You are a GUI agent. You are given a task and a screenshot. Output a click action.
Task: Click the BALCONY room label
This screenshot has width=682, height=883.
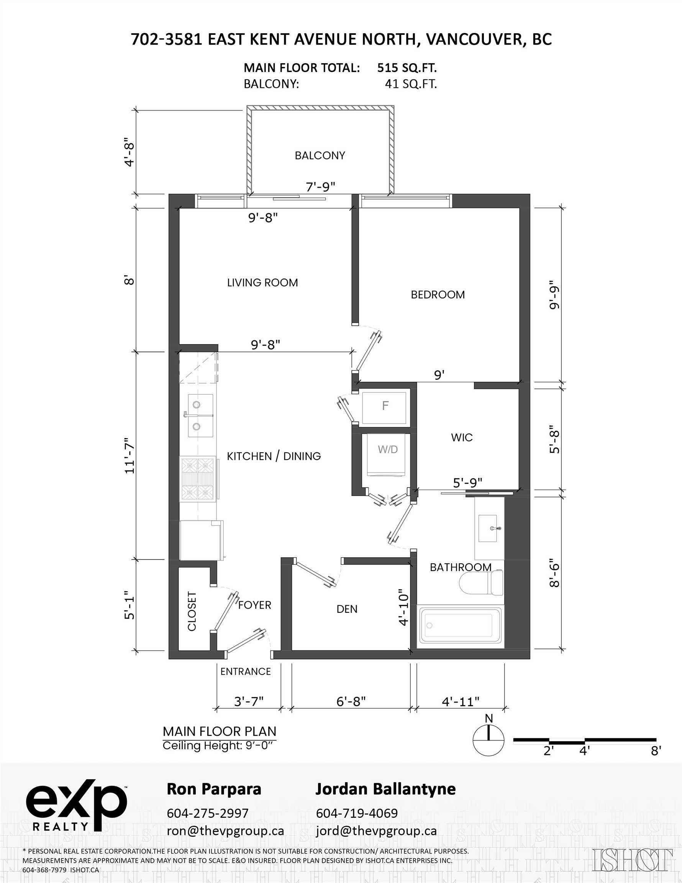[320, 156]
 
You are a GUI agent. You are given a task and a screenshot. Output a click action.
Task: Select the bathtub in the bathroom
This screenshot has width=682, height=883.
[461, 625]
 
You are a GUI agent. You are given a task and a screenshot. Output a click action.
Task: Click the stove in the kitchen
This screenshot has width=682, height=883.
[198, 479]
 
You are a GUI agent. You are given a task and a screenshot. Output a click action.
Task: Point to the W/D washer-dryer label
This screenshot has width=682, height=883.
[388, 449]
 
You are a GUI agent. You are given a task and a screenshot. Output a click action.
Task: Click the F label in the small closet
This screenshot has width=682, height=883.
[385, 405]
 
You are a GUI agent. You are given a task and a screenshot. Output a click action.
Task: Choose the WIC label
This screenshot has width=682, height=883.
[462, 437]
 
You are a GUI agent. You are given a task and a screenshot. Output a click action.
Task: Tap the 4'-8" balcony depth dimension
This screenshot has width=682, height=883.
[130, 154]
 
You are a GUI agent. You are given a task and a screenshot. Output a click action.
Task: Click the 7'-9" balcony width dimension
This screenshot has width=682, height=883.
[321, 187]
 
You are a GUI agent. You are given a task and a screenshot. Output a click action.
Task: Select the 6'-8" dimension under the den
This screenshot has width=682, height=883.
[351, 701]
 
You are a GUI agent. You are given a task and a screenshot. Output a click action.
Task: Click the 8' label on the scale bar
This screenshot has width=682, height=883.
[656, 751]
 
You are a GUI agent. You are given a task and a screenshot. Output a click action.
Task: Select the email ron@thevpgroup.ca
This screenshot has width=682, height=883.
[225, 831]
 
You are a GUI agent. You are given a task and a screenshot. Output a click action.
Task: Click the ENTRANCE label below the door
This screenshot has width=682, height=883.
[245, 671]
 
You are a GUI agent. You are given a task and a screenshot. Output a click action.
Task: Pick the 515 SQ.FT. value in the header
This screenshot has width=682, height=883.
[407, 67]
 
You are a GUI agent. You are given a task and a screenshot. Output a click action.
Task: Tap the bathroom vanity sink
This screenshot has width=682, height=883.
[489, 528]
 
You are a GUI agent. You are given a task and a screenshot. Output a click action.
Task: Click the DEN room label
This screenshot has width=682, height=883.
[347, 609]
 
